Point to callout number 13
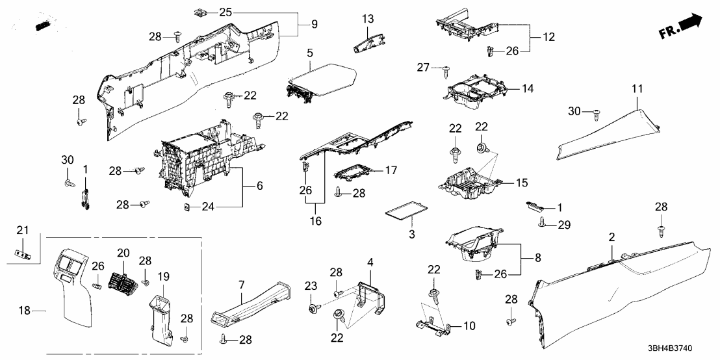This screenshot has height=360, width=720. [x=368, y=18]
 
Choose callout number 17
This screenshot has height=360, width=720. [x=390, y=170]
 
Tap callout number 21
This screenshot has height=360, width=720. [x=22, y=230]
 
